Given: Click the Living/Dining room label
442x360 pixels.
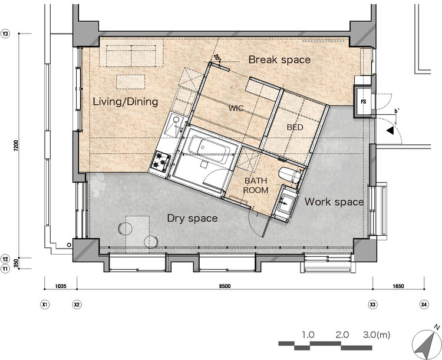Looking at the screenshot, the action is pyautogui.click(x=126, y=101).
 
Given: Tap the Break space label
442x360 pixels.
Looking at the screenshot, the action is pyautogui.click(x=279, y=60).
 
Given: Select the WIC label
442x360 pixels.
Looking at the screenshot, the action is pyautogui.click(x=236, y=108).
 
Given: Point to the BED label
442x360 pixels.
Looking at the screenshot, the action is pyautogui.click(x=295, y=127).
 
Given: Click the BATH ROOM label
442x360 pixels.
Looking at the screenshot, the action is pyautogui.click(x=256, y=185).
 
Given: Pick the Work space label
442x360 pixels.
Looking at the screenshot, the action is pyautogui.click(x=334, y=202).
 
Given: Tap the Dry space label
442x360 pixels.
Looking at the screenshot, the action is pyautogui.click(x=192, y=218).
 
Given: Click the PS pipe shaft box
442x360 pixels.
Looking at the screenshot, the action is pyautogui.click(x=364, y=101).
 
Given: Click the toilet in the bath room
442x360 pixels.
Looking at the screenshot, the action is pyautogui.click(x=289, y=175).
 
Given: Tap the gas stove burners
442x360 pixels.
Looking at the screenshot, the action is pyautogui.click(x=161, y=161).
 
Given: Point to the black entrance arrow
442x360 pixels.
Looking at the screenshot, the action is pyautogui.click(x=390, y=131).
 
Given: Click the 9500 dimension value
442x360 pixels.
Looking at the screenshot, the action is pyautogui.click(x=225, y=286).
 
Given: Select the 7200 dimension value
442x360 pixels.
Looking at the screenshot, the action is pyautogui.click(x=16, y=146).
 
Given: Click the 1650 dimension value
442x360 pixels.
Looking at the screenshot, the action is pyautogui.click(x=398, y=286).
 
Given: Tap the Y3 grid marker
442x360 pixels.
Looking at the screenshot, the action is pyautogui.click(x=5, y=34).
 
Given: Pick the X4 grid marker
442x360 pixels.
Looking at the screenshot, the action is pyautogui.click(x=424, y=305).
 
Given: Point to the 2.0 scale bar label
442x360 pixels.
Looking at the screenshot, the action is pyautogui.click(x=342, y=335).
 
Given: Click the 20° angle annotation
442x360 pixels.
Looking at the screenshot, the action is pyautogui.click(x=217, y=58).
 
